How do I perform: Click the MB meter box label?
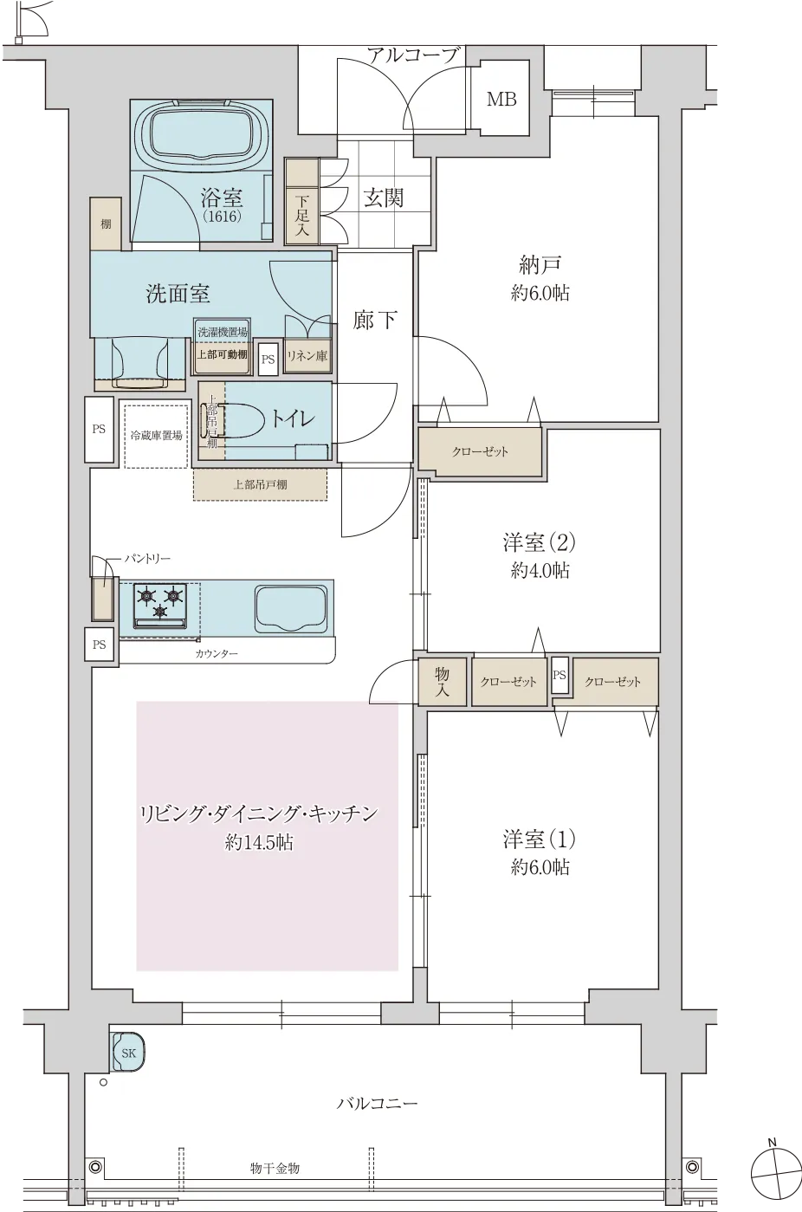pyautogui.click(x=501, y=100)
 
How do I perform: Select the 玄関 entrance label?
pyautogui.click(x=383, y=198)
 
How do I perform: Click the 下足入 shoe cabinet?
pyautogui.click(x=301, y=204)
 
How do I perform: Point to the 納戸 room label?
pyautogui.click(x=540, y=264)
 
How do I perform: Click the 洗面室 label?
pyautogui.click(x=178, y=294)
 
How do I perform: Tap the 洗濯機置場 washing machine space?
pyautogui.click(x=222, y=331)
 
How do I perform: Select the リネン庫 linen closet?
pyautogui.click(x=307, y=356)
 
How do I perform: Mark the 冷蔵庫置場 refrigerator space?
pyautogui.click(x=156, y=436)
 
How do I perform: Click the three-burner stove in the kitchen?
pyautogui.click(x=160, y=601)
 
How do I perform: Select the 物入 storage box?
pyautogui.click(x=442, y=681)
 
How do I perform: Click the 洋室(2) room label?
pyautogui.click(x=540, y=543)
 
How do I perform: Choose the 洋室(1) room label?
pyautogui.click(x=540, y=839)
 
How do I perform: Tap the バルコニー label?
pyautogui.click(x=377, y=1104)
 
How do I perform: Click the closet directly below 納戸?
pyautogui.click(x=480, y=451)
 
